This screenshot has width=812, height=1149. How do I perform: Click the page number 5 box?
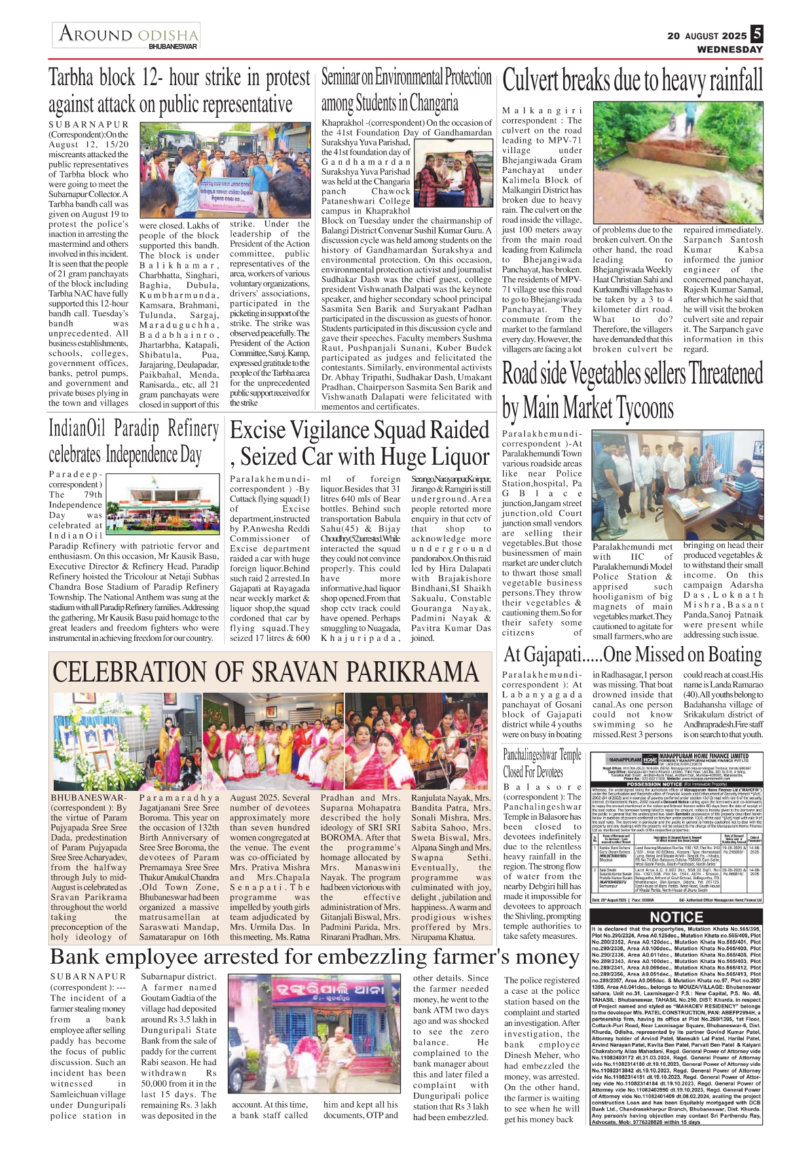point(756,34)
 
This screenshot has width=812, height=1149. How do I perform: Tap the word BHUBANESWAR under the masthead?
point(172,47)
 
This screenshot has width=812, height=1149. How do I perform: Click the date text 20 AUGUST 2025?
point(707,36)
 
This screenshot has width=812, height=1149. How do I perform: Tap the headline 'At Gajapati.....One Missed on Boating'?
point(632,654)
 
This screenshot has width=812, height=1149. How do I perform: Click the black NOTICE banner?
point(676,917)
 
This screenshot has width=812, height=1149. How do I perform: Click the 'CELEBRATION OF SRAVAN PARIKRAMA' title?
point(265,672)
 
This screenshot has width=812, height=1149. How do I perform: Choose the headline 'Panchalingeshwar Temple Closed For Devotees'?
point(542,763)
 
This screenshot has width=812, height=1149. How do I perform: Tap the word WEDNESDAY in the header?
point(729,49)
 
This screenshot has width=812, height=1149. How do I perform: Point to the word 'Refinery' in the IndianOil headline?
point(193,429)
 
